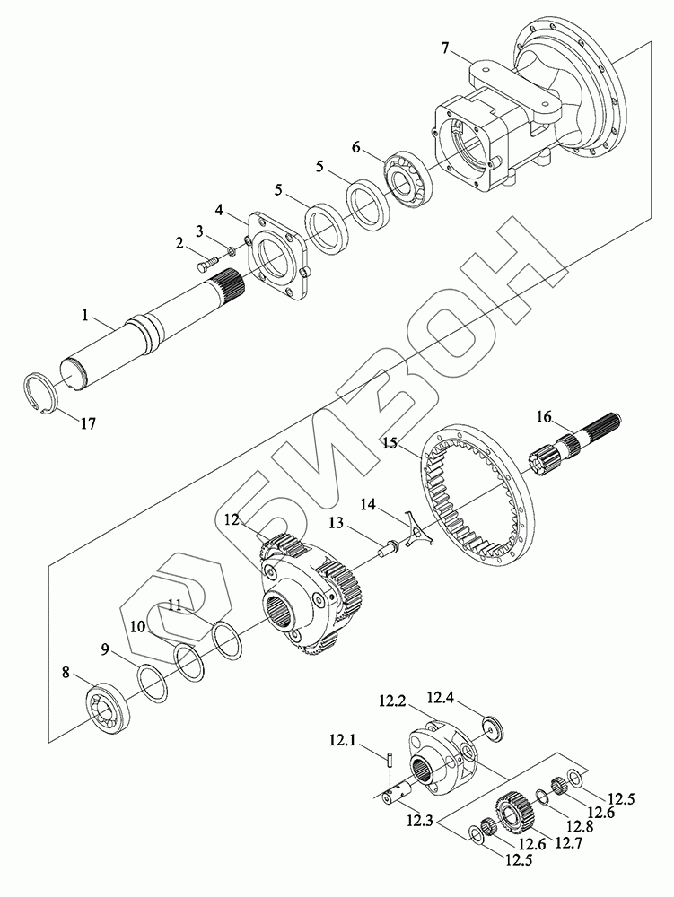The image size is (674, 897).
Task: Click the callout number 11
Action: coord(175,606)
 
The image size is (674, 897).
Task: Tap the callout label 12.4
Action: coord(440,696)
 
